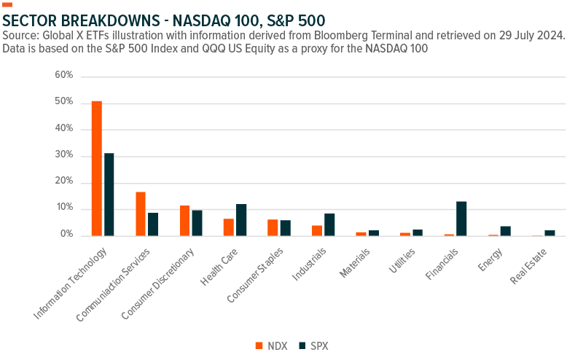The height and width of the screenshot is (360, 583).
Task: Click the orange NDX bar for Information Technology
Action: click(x=96, y=168)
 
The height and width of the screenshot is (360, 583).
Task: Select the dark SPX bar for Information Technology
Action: click(x=109, y=195)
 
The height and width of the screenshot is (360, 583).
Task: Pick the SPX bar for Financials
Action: click(x=461, y=219)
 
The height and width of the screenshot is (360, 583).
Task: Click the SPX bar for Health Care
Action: click(x=241, y=220)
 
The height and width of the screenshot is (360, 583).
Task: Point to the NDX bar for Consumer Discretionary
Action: click(x=184, y=221)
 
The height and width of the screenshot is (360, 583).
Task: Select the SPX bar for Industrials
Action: click(x=329, y=224)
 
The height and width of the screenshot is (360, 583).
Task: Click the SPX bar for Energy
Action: click(x=505, y=231)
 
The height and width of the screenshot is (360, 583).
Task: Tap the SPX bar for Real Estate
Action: click(x=549, y=233)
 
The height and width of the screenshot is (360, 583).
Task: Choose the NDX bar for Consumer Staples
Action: click(x=272, y=227)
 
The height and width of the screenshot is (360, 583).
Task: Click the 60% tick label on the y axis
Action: click(x=64, y=76)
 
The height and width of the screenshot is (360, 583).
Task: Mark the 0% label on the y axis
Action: click(x=66, y=235)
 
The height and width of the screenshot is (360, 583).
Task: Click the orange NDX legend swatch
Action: click(x=258, y=345)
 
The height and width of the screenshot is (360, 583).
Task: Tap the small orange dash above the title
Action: click(x=7, y=5)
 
